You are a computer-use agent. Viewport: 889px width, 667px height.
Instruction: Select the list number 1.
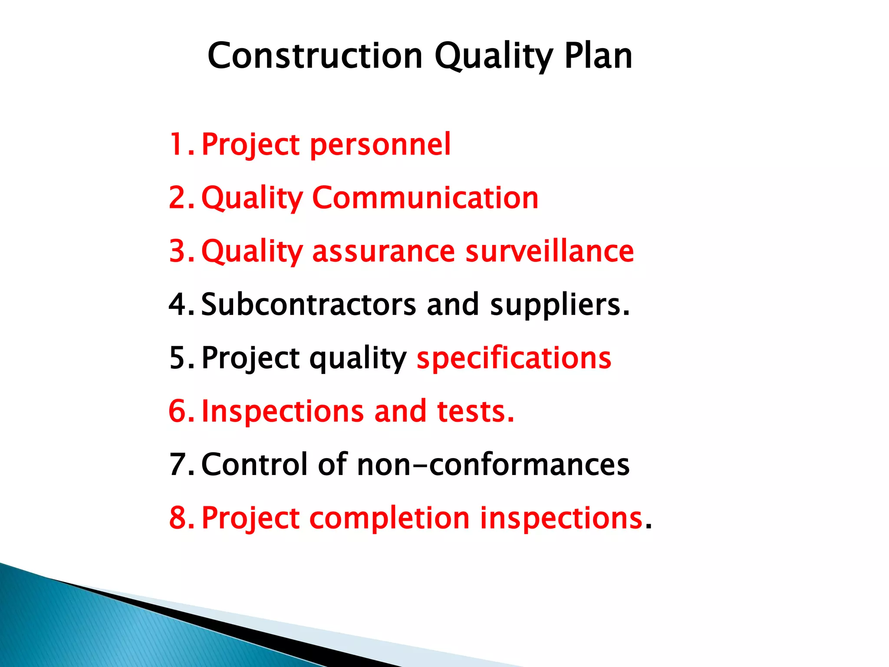pos(178,144)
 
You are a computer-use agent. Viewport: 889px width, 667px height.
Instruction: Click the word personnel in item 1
pos(380,145)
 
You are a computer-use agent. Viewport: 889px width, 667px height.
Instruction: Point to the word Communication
pos(425,198)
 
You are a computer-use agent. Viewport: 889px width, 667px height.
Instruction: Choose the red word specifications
pos(514,359)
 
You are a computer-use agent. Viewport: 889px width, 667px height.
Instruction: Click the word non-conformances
pos(493,465)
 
